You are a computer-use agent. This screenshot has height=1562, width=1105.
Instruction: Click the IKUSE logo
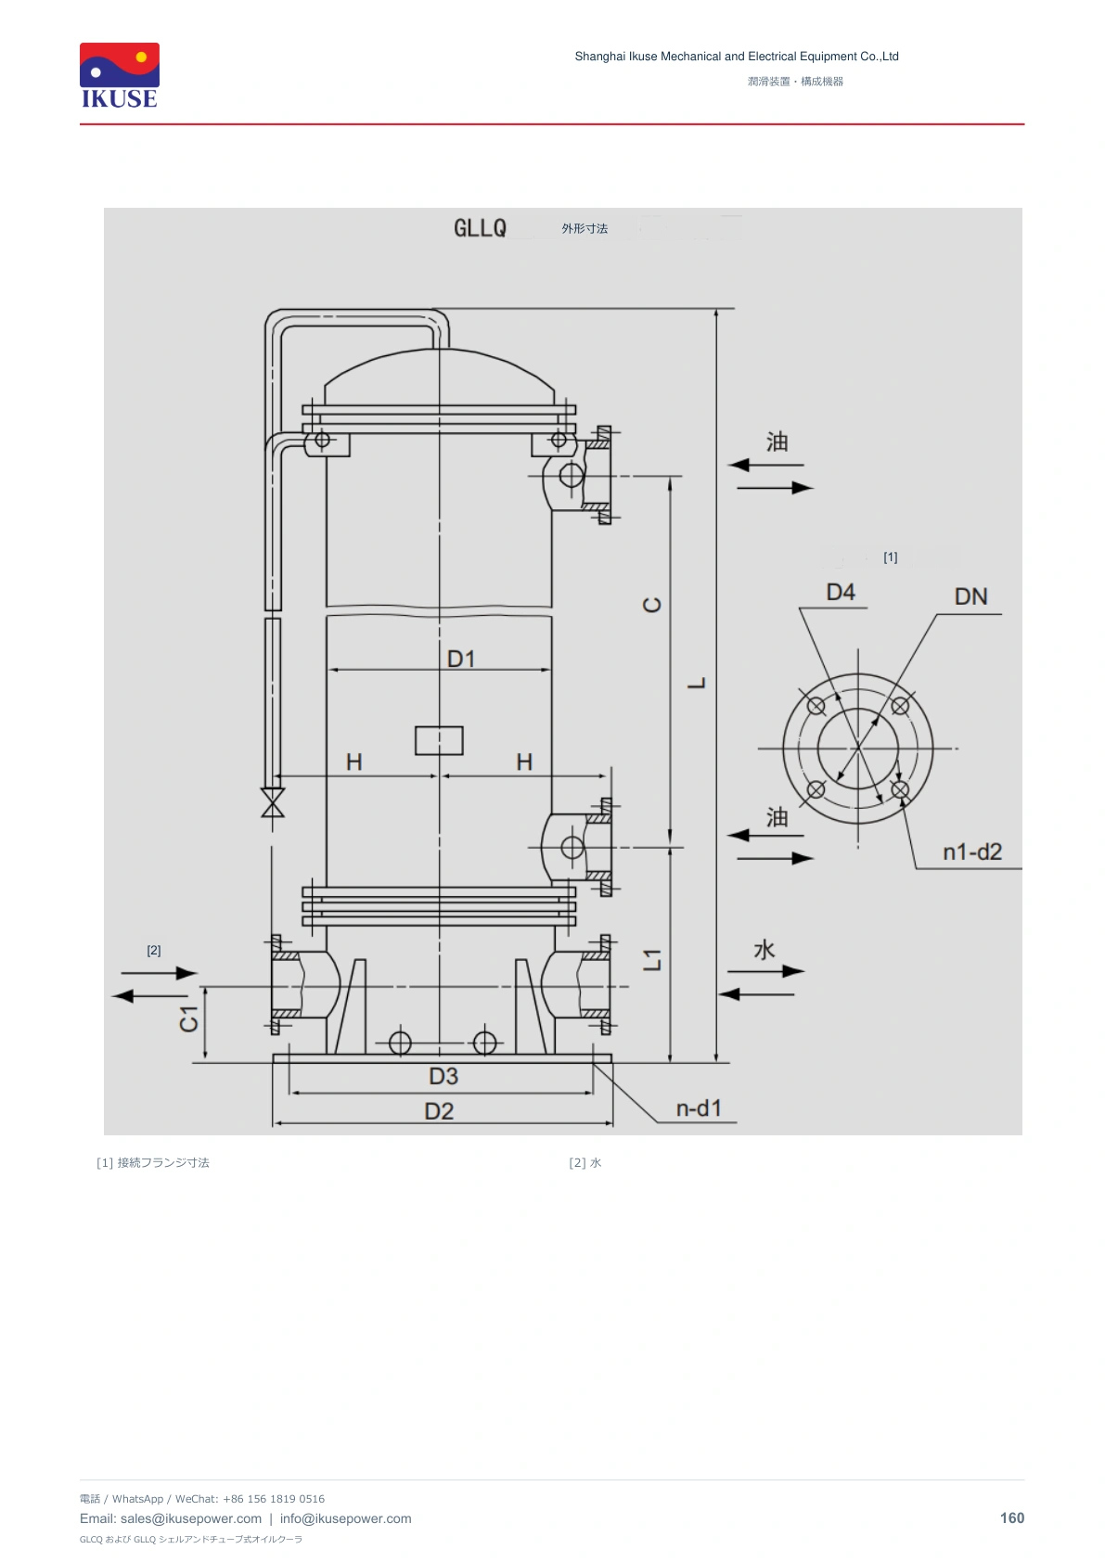(x=120, y=76)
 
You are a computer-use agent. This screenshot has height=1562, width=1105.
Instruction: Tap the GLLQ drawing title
(x=480, y=228)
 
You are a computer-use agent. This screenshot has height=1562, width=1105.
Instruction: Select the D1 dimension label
(x=460, y=659)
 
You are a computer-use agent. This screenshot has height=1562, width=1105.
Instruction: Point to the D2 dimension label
(x=439, y=1111)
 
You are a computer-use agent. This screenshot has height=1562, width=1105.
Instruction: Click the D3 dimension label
(x=443, y=1076)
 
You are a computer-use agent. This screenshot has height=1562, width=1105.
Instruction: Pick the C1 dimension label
(x=189, y=1018)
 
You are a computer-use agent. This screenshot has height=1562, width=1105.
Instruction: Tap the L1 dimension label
(x=651, y=959)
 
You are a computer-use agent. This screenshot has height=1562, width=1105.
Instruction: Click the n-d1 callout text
(x=699, y=1108)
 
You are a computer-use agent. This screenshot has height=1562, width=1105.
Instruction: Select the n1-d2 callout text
(x=971, y=851)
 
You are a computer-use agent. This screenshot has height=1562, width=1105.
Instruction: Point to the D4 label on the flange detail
(x=840, y=592)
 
